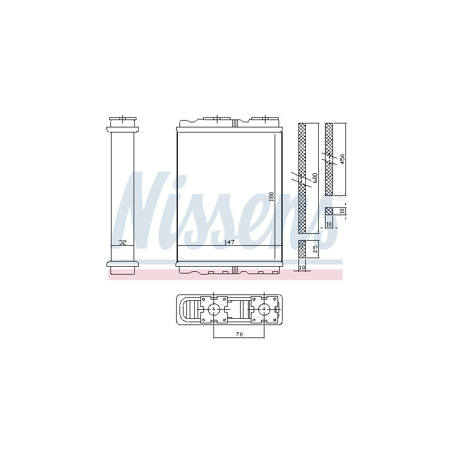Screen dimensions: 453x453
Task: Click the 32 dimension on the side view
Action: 122,242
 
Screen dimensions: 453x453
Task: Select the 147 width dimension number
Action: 229,242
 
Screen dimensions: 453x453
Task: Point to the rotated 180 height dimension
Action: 271,197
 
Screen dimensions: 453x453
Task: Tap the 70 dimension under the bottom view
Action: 239,334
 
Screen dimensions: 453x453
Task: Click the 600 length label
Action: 315,178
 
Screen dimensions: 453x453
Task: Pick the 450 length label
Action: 343,160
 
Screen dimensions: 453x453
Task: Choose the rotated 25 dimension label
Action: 315,249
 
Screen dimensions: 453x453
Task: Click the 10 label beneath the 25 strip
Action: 302,268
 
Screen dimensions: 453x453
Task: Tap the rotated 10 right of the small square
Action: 343,211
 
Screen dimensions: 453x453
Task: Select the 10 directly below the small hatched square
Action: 329,224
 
